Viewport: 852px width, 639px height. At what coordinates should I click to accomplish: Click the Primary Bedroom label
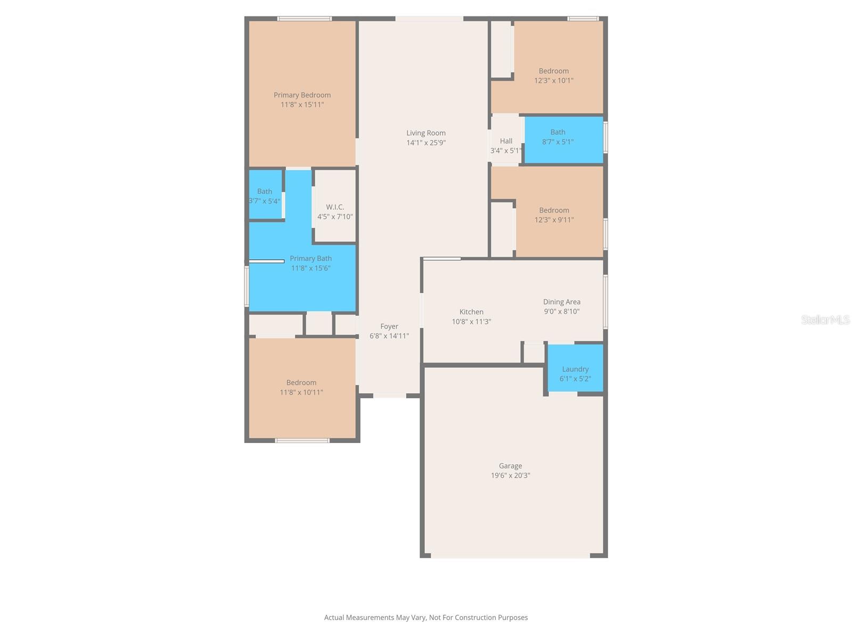coord(302,95)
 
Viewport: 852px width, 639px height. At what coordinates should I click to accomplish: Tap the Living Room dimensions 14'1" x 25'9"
coord(426,143)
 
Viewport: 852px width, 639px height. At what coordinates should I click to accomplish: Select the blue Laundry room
coord(575,368)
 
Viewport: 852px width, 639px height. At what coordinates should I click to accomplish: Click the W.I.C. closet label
coord(335,207)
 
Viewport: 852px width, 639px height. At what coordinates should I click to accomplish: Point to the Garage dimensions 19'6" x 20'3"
coord(510,476)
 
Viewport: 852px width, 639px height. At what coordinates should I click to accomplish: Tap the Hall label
coord(506,141)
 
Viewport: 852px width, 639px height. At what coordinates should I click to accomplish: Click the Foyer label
coord(389,326)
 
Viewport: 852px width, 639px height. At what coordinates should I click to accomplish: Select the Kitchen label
coord(471,312)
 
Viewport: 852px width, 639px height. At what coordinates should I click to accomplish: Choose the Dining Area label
coord(561,302)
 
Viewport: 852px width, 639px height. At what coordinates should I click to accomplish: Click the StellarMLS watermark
coord(825,319)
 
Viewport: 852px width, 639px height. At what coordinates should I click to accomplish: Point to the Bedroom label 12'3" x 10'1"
coord(554,71)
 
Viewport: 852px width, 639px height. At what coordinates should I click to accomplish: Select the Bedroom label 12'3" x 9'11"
coord(554,210)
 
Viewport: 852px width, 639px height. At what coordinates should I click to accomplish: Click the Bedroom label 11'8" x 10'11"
coord(301,383)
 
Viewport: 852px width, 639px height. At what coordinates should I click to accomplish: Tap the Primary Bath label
coord(310,259)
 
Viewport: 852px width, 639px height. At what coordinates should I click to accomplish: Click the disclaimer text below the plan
coord(426,618)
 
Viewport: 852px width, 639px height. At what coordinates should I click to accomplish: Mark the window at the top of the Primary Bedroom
coord(305,19)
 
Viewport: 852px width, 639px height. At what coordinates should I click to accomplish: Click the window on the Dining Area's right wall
coord(605,301)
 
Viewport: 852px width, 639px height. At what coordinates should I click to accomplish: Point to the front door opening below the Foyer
coord(389,396)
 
